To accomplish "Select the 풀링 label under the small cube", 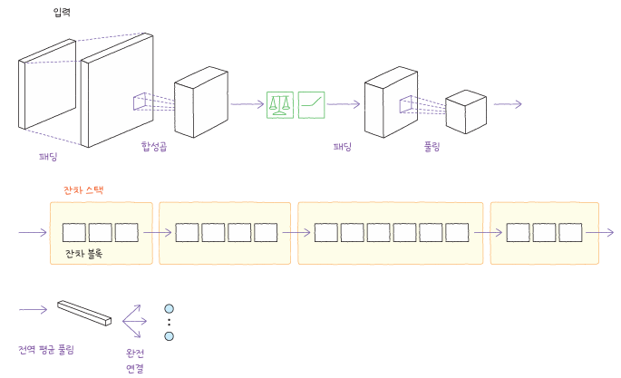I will pos(431,146).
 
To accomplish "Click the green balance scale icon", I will pos(280,104).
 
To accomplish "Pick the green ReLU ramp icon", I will pos(311,104).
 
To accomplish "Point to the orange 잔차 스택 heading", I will pos(84,190).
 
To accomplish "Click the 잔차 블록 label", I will pos(83,255).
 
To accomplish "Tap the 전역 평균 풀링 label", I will pos(46,349).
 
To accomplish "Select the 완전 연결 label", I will pos(135,359).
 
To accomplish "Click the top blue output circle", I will pos(169,308).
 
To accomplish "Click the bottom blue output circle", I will pos(169,336).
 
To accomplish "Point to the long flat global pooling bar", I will pos(84,313).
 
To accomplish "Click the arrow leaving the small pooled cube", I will pos(508,104).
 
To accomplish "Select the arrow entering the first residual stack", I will pos(33,233).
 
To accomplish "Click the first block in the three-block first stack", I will pos(73,233).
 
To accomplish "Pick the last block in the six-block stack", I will pos(458,233).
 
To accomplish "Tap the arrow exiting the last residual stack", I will pos(599,233).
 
